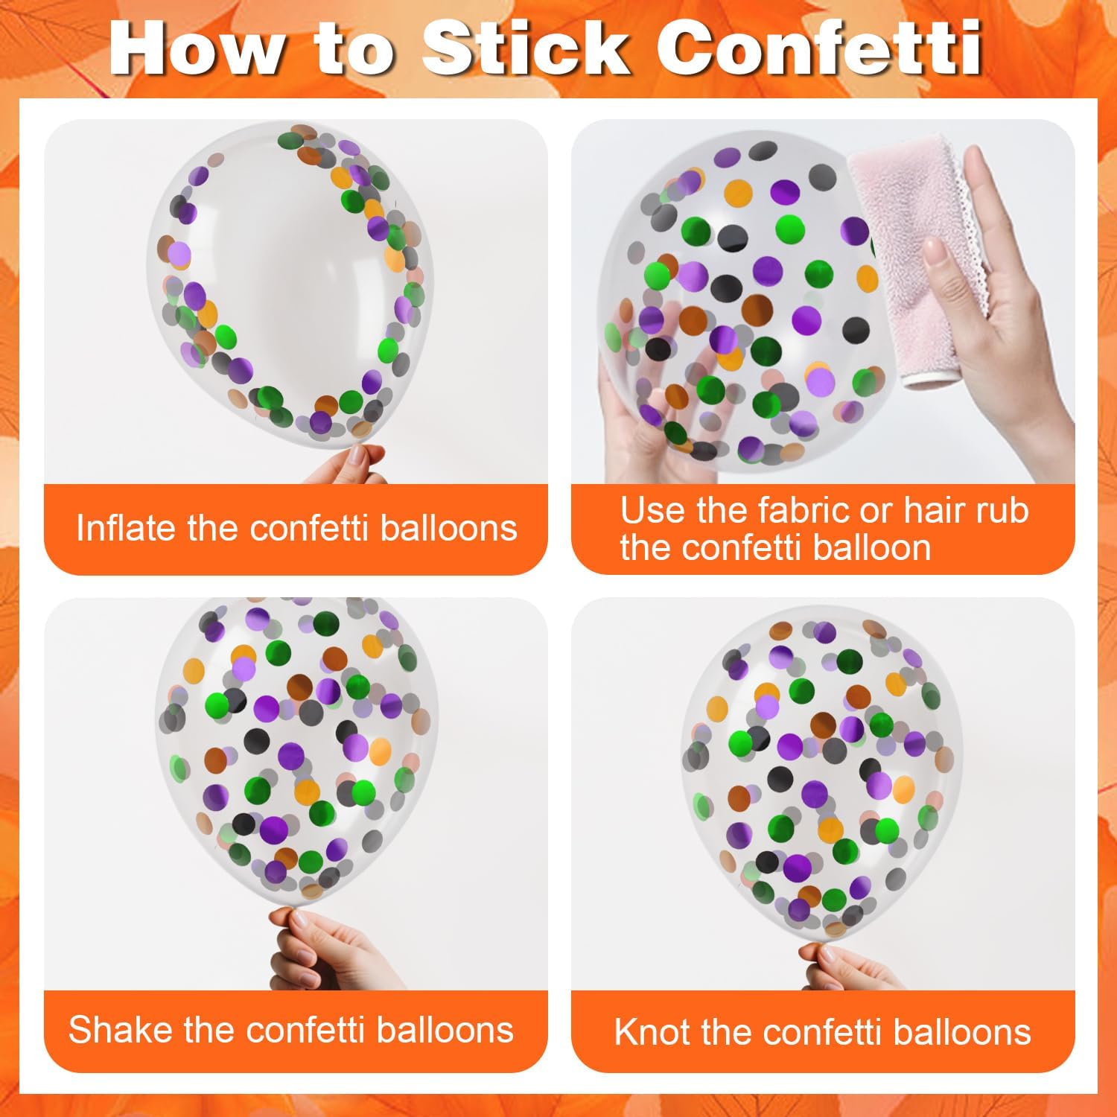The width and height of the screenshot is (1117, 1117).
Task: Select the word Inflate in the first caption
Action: [x=127, y=528]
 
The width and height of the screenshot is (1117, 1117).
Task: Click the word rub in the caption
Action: [x=1001, y=511]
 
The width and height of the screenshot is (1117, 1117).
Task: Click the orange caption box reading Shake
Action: [x=296, y=1031]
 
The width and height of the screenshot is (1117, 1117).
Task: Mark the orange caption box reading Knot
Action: [x=823, y=1031]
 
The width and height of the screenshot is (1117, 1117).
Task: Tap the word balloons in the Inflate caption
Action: [x=448, y=528]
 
